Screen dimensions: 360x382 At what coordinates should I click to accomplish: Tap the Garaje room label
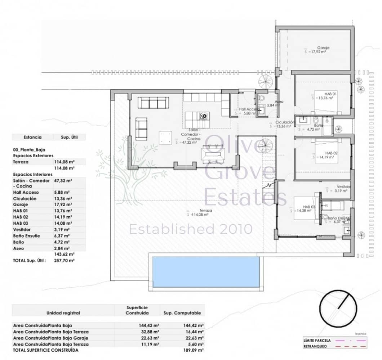tap(323, 48)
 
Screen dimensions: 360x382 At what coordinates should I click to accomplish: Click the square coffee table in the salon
tap(166, 137)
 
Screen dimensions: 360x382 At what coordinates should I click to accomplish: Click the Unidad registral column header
tap(63, 313)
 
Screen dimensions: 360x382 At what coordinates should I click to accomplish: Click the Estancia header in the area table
tap(32, 137)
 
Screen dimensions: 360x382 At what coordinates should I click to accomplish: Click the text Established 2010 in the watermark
tap(191, 229)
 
